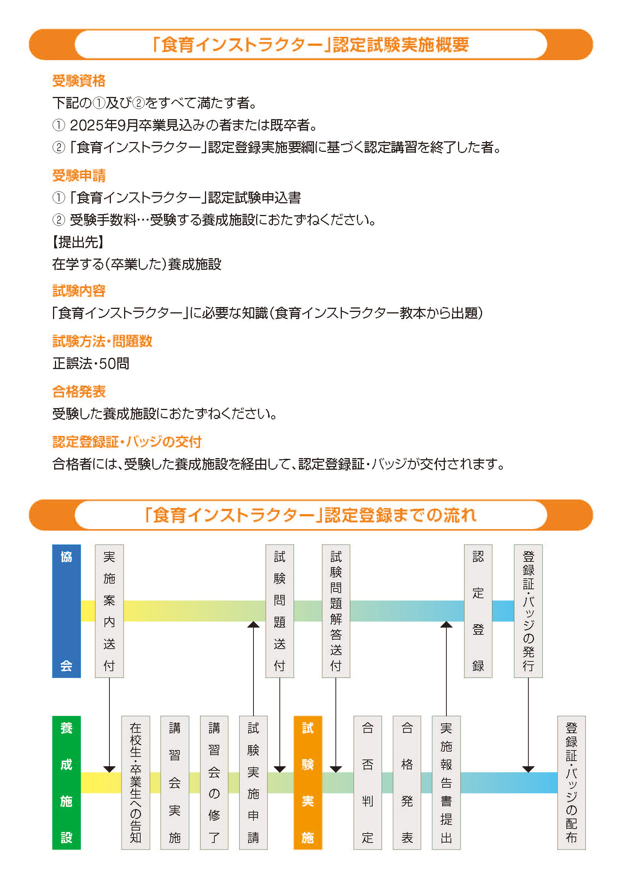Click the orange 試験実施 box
[308, 782]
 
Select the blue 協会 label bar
[66, 611]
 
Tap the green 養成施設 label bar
[66, 782]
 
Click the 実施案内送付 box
[109, 611]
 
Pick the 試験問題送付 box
[279, 611]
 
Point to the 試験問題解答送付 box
[336, 611]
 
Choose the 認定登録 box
[478, 611]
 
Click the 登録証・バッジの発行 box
[528, 611]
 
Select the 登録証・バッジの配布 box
[572, 782]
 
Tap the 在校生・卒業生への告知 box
[136, 782]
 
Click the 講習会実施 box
[174, 782]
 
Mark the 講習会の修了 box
[214, 782]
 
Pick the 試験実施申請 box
[253, 782]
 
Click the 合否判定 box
[368, 782]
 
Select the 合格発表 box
[407, 782]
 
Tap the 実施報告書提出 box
[446, 782]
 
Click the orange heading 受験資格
[79, 81]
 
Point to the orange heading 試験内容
[79, 291]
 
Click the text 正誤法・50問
[91, 363]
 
